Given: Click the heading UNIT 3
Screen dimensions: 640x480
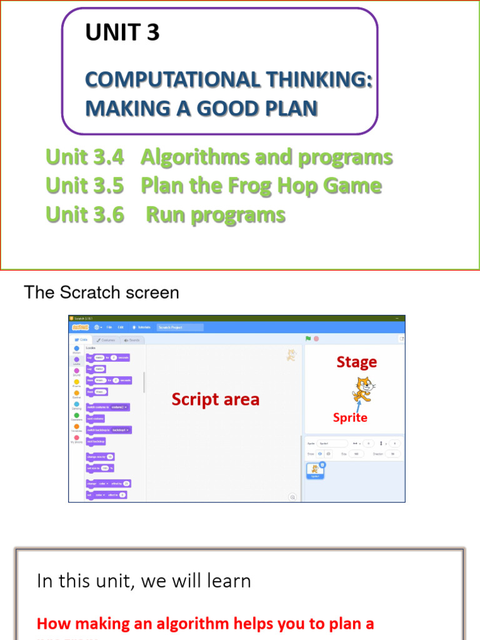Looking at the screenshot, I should click(122, 32).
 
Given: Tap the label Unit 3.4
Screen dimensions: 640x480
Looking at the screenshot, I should click(84, 157).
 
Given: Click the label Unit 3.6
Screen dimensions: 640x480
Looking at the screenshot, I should click(84, 214).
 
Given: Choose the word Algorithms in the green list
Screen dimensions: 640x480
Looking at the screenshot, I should click(193, 157).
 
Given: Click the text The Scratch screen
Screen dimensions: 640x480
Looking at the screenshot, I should click(101, 292).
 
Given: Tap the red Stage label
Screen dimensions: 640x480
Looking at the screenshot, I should click(356, 362).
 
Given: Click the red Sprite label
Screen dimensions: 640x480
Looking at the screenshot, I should click(350, 417).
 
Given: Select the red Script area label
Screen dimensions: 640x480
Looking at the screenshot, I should click(215, 399).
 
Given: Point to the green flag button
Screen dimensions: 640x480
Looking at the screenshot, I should click(308, 339).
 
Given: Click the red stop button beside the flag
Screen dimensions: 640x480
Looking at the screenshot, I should click(316, 339).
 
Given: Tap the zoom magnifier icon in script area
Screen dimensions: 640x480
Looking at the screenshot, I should click(292, 497).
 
